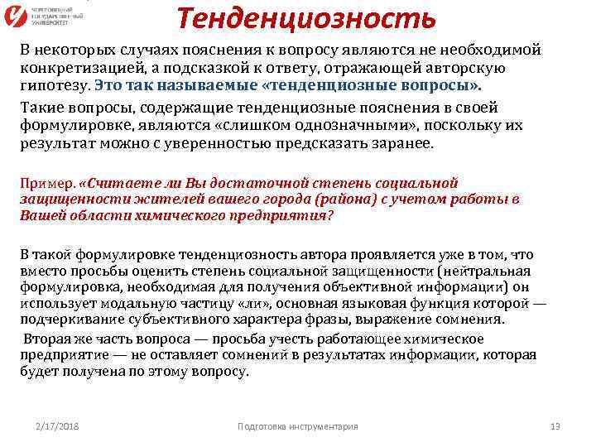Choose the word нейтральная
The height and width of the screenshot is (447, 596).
pos(488,272)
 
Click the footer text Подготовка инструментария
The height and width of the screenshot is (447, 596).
pos(297,425)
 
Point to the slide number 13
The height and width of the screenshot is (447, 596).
pos(555,425)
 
